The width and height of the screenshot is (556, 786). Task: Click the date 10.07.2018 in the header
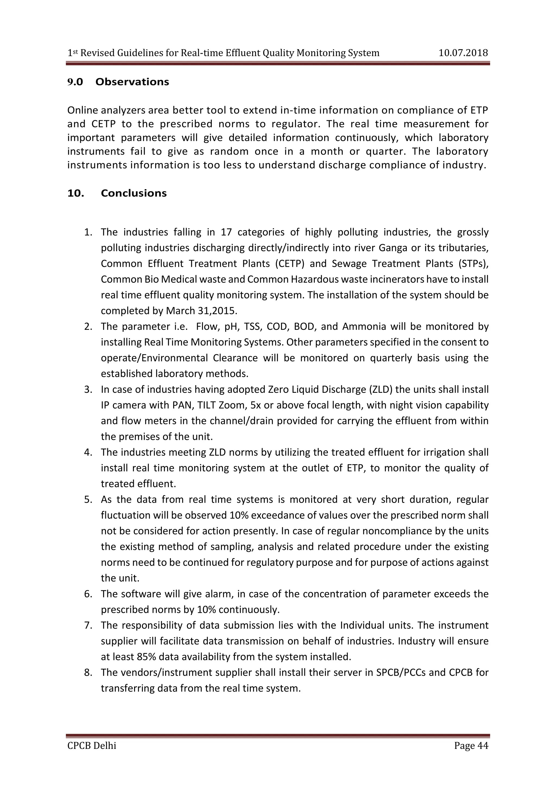tap(463, 53)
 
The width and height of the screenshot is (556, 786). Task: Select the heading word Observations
tap(132, 82)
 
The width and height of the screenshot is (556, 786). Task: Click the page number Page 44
tap(471, 745)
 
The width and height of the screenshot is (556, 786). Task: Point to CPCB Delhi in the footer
tap(92, 745)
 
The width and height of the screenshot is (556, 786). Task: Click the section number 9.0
tap(75, 82)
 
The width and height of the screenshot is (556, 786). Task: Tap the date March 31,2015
tap(201, 311)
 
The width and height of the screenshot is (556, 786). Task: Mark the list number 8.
tap(88, 673)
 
